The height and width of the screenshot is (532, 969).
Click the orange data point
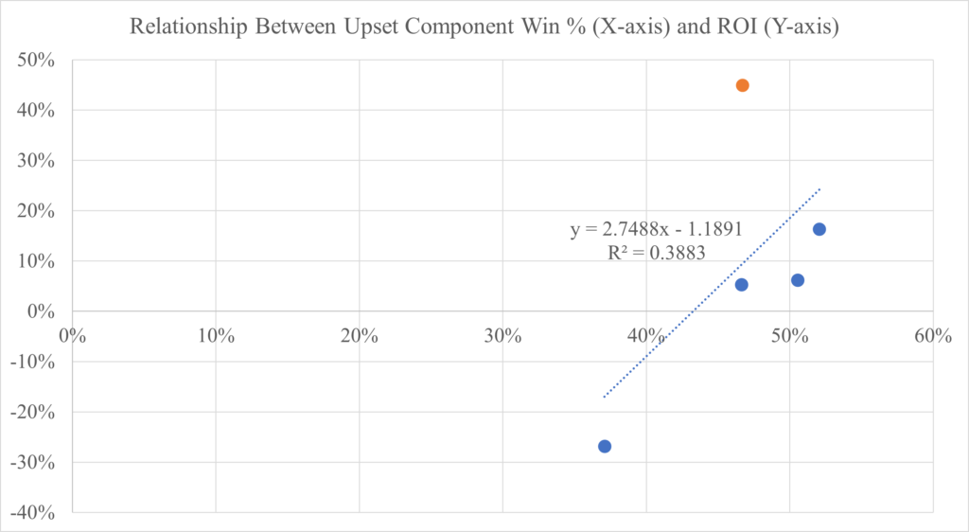click(743, 85)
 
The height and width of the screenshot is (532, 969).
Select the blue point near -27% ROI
click(605, 446)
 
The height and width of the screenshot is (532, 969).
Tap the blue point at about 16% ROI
click(819, 229)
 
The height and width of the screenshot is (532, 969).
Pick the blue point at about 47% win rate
click(742, 285)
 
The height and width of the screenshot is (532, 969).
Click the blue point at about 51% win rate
click(798, 280)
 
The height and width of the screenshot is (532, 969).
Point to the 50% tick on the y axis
click(35, 60)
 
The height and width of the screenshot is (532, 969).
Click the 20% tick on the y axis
click(35, 211)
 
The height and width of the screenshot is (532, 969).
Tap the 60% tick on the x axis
click(931, 336)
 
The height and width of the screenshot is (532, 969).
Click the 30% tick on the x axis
click(502, 336)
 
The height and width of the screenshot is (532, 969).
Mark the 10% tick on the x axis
click(216, 336)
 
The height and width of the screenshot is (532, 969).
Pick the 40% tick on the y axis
click(35, 110)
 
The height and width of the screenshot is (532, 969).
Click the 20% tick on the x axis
click(359, 336)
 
